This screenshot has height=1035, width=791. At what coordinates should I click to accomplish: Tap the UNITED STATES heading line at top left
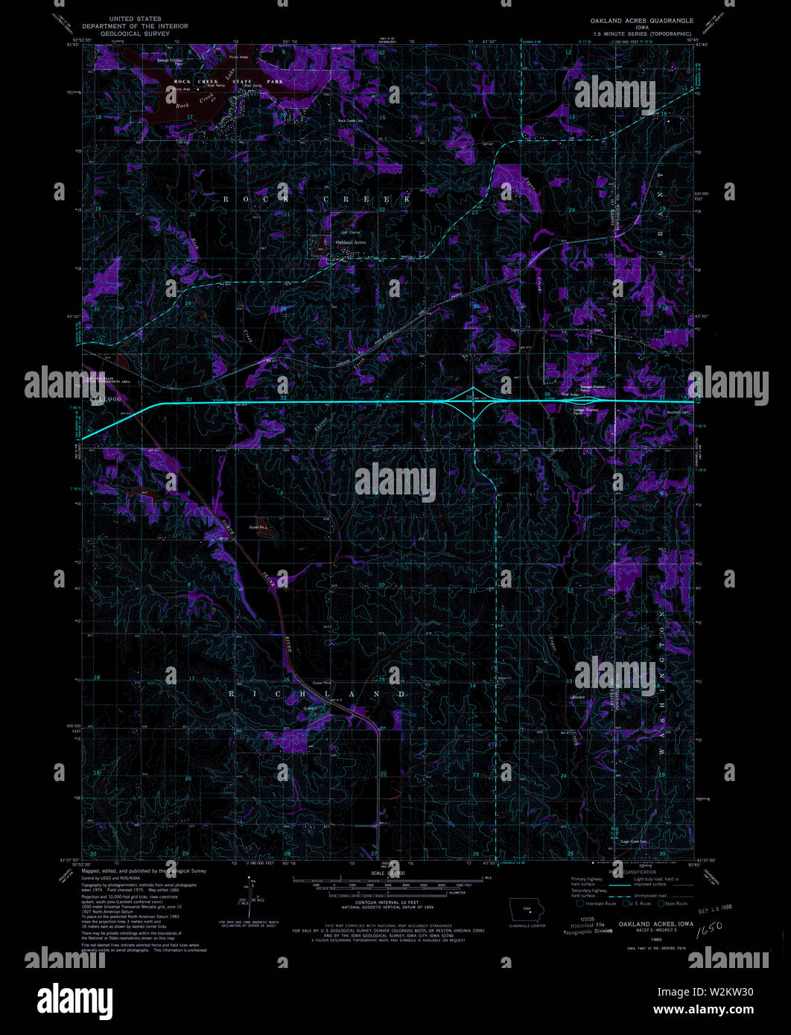pyautogui.click(x=136, y=19)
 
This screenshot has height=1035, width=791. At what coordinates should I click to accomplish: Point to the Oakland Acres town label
pyautogui.click(x=351, y=243)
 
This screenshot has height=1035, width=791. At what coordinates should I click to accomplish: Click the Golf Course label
pyautogui.click(x=349, y=232)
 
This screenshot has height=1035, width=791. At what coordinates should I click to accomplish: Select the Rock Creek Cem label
pyautogui.click(x=349, y=121)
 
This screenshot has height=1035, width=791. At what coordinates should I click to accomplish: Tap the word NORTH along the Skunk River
pyautogui.click(x=226, y=520)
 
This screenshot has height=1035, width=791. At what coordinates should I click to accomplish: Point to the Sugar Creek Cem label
pyautogui.click(x=633, y=842)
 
